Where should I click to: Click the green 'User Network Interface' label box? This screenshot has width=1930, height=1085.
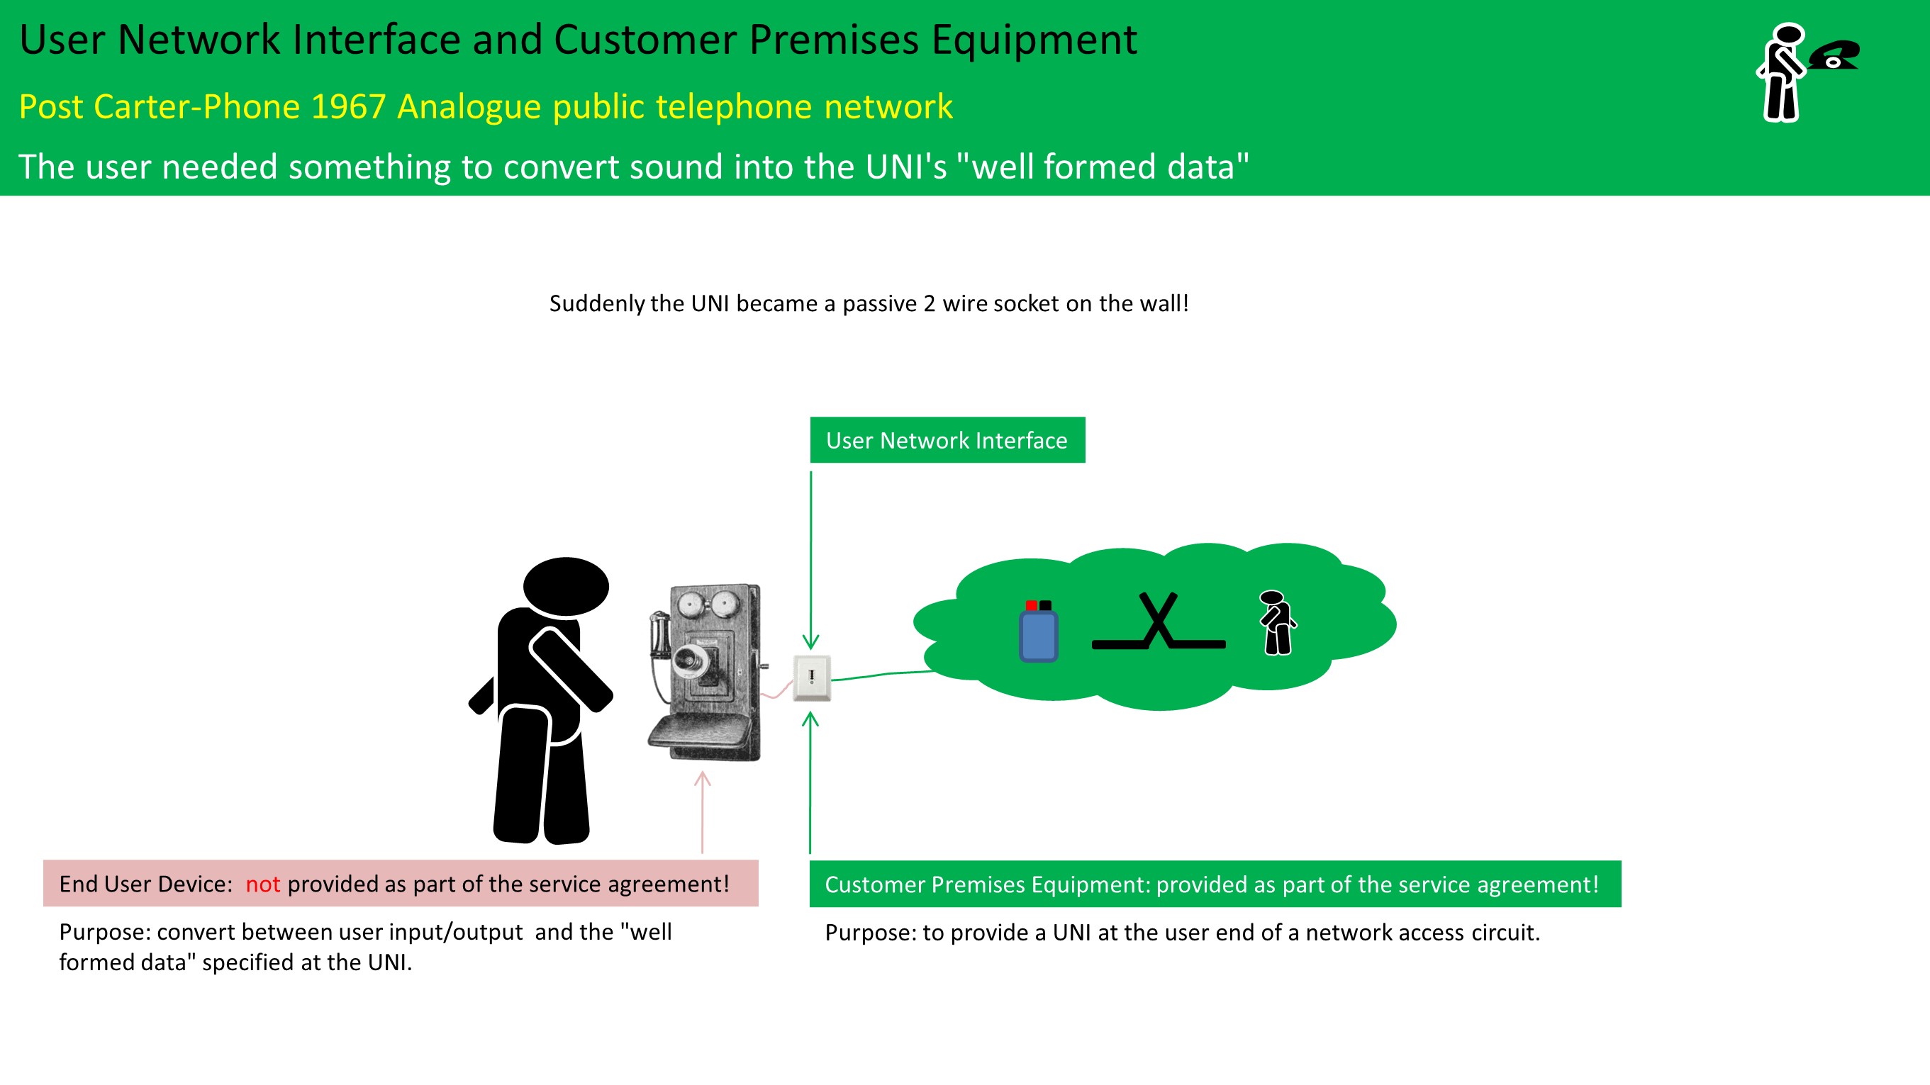(947, 439)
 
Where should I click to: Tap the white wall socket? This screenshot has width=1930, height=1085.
(812, 678)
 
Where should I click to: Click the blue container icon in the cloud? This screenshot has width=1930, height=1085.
(1039, 634)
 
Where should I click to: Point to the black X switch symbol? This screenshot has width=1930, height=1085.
(1159, 622)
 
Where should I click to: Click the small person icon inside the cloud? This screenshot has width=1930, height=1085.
(1277, 623)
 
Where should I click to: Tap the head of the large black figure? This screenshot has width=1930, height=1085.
(566, 586)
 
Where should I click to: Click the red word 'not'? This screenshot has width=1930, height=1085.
(262, 884)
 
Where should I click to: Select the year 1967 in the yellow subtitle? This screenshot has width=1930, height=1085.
(348, 106)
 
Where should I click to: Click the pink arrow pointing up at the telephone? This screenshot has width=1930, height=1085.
(702, 812)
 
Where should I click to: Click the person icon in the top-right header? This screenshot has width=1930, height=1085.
(1782, 72)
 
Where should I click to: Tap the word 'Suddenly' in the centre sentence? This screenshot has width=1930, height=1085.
(596, 303)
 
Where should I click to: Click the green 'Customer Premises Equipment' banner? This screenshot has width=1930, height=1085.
(1215, 884)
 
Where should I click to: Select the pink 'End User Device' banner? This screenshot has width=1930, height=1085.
(400, 884)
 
